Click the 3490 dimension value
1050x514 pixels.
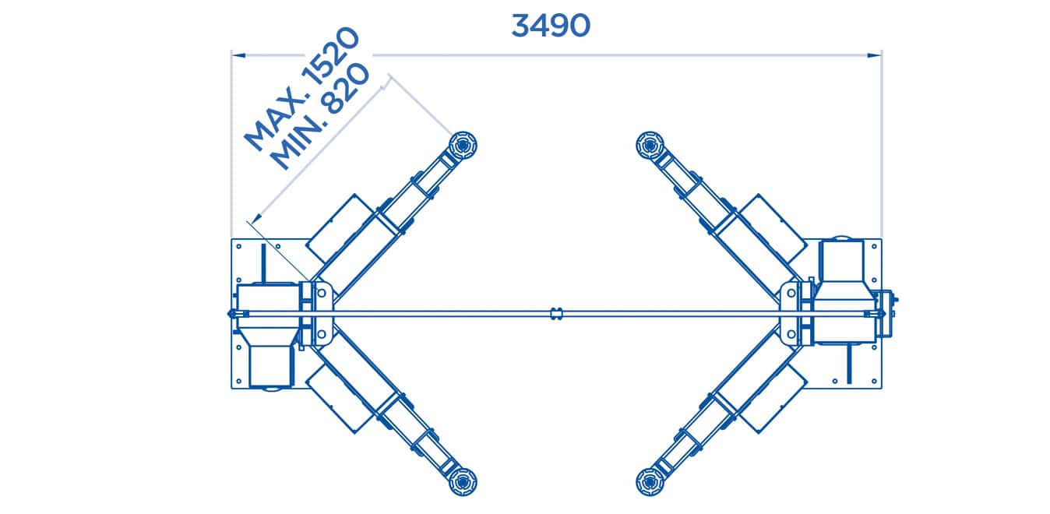point(551,25)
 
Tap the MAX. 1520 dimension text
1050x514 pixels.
point(302,87)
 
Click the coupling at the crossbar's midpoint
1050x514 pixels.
point(555,313)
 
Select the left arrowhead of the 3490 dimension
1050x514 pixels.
point(238,55)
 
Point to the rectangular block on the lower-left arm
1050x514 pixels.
point(340,399)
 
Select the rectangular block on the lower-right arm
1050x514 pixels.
point(771,399)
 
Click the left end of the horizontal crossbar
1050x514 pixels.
point(231,313)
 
